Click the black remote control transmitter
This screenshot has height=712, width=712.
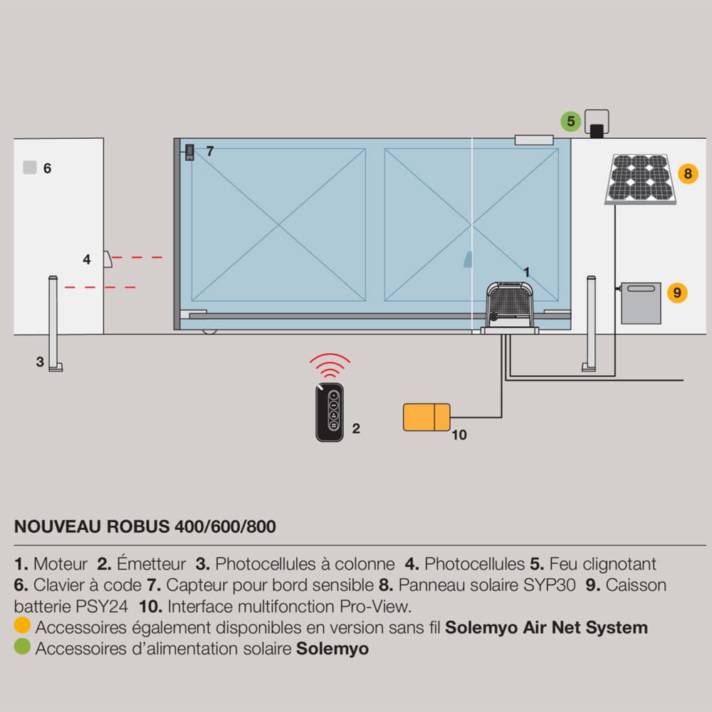tap(330, 412)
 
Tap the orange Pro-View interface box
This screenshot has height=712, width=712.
tap(426, 417)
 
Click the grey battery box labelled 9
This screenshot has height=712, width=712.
tap(641, 303)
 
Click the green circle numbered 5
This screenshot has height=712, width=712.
tap(570, 121)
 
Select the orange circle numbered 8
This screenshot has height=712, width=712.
tap(687, 173)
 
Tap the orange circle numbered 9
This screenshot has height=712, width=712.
tap(677, 292)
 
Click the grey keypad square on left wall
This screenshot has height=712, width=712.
tap(29, 168)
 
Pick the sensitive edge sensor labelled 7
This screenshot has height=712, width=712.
tap(190, 152)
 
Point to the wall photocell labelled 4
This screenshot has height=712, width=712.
tap(108, 259)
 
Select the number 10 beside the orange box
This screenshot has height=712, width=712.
tap(459, 434)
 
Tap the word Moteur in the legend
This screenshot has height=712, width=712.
tap(61, 564)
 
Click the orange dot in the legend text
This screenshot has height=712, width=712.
tap(22, 627)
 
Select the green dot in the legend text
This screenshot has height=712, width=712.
tap(22, 648)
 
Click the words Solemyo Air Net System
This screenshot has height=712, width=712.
tap(546, 627)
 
